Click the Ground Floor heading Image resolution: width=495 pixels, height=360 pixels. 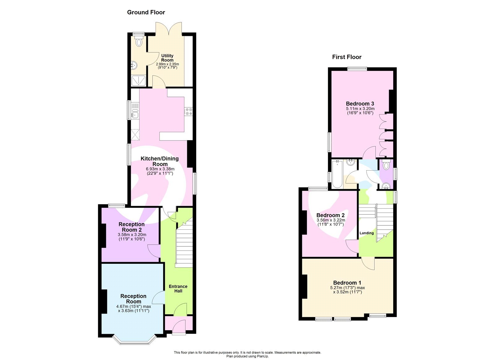(146, 12)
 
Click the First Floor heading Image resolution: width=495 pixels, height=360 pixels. (346, 57)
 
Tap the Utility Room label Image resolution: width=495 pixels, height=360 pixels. (167, 58)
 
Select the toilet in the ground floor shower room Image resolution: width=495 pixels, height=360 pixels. (139, 41)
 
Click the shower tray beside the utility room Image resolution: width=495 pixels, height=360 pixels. (138, 81)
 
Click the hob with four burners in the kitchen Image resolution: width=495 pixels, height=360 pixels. (188, 111)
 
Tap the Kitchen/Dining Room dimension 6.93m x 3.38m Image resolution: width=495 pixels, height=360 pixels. (160, 169)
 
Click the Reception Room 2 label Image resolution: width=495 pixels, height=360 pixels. (132, 227)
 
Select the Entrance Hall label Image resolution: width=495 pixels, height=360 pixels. (178, 288)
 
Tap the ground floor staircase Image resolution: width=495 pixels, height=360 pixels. (184, 245)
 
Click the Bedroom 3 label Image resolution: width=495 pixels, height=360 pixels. (360, 104)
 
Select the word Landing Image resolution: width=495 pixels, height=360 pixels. (367, 233)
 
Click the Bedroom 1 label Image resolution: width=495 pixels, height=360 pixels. (347, 283)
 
